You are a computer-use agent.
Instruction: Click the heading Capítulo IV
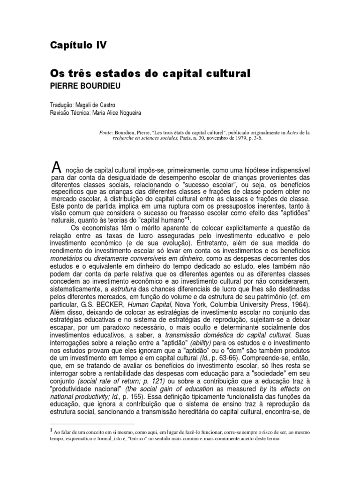pos(78,45)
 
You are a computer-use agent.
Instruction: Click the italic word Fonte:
pos(108,133)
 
